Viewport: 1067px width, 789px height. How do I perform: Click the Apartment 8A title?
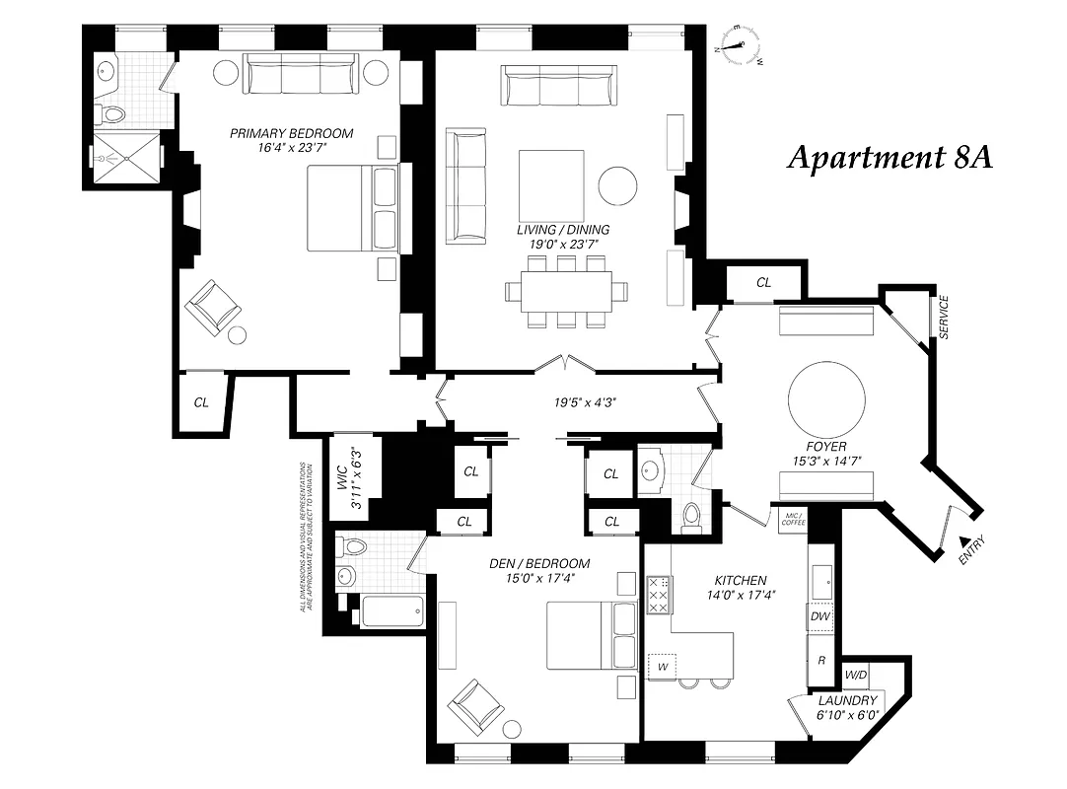889,158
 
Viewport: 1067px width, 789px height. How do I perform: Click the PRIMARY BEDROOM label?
291,140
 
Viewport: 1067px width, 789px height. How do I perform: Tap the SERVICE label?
944,318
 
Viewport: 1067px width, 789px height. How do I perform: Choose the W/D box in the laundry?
855,676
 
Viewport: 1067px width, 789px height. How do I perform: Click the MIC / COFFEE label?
793,520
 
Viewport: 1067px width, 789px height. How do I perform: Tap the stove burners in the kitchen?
659,597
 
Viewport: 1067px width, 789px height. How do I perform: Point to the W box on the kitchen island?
662,667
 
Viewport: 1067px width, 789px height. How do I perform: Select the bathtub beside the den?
391,611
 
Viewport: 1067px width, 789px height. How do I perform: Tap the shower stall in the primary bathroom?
127,155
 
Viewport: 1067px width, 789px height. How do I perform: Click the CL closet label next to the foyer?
763,282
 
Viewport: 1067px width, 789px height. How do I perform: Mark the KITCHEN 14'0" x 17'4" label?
736,587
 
